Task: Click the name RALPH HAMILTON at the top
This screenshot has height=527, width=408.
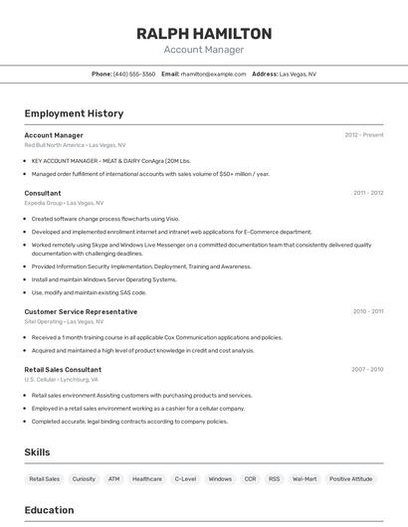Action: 204,34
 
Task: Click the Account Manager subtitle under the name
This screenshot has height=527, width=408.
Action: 204,50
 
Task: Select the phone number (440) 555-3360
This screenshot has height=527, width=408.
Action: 134,74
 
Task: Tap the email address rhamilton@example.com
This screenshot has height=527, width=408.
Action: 213,74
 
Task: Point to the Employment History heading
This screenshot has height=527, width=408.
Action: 74,113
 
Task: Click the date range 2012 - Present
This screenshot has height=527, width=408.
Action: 364,135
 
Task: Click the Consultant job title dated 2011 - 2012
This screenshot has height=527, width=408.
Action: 43,193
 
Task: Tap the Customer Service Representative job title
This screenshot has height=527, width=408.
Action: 81,311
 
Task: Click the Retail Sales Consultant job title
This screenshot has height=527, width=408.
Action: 63,369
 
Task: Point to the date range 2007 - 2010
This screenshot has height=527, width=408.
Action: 367,369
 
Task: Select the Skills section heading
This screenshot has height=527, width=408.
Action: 37,452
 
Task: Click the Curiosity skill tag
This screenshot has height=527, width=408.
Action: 84,479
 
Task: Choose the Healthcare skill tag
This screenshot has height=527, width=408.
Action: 147,479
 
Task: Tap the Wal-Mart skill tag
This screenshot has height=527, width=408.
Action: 305,479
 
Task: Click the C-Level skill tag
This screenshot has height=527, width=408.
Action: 185,479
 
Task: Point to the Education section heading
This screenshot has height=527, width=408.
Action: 49,510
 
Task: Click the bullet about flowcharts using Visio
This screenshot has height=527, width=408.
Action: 105,219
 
